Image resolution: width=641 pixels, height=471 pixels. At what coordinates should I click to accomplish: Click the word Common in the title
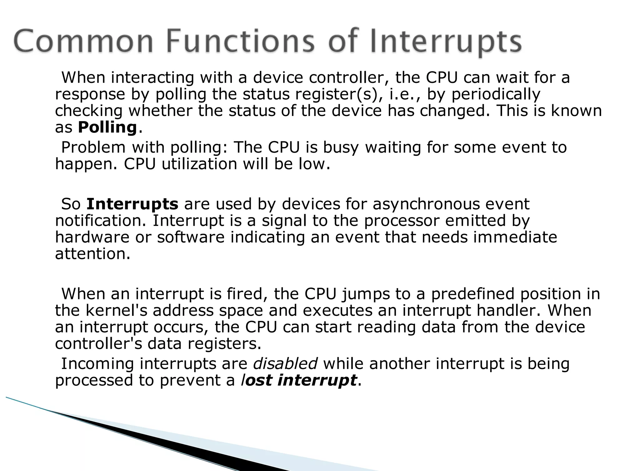pos(83,42)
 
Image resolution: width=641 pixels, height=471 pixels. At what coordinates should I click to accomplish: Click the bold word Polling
pos(107,128)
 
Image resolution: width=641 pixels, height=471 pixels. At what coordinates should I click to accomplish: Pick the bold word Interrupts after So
pos(132,204)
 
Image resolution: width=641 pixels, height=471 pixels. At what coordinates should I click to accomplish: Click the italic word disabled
pos(285,364)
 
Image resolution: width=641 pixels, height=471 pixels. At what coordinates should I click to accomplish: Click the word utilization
pos(199,164)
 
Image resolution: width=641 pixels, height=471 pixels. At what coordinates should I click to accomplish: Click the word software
pos(191,237)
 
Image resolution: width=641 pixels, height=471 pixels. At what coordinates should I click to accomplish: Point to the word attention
pos(92,254)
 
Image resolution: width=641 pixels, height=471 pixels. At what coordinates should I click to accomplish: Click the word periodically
pos(496,94)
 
